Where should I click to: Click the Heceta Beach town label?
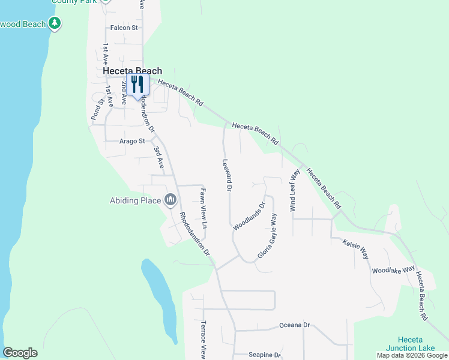132,71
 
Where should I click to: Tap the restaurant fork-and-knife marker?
137,85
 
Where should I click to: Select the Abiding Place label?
136,201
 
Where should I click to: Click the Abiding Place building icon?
170,199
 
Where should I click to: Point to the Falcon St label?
124,28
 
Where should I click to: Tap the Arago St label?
132,142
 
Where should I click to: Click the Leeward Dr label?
227,175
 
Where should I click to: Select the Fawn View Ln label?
203,209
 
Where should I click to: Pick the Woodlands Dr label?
249,217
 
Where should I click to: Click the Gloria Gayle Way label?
268,236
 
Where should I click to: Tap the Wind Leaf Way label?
295,190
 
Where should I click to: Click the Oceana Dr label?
294,325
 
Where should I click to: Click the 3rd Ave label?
159,157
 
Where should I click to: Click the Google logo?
20,353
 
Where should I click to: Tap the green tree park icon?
55,23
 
